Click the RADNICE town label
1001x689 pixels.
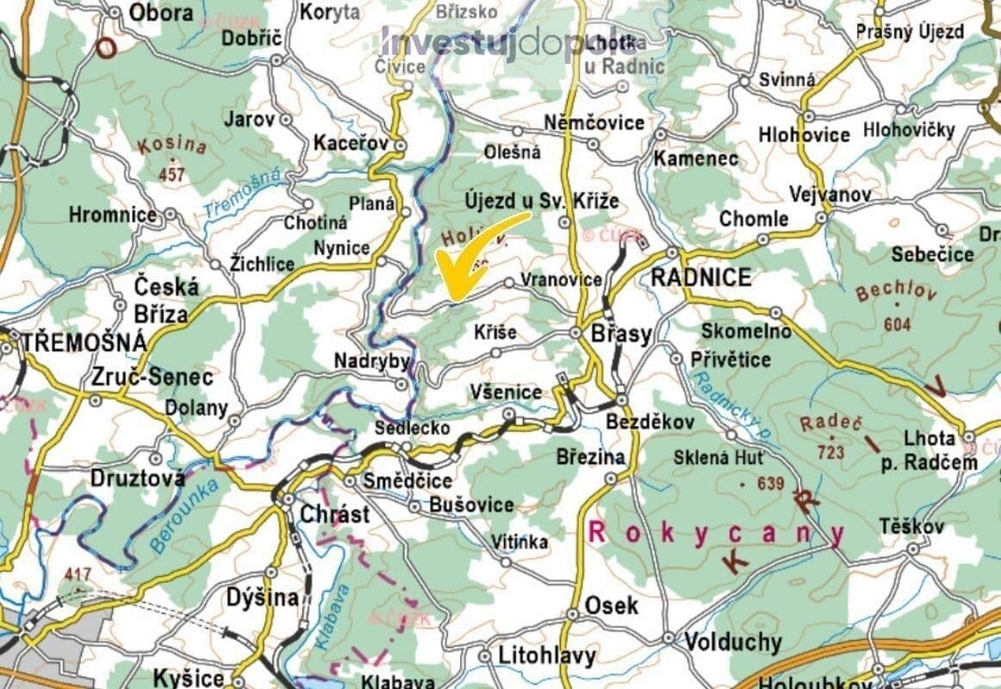pos(701,277)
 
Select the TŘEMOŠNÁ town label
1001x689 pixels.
pos(84,342)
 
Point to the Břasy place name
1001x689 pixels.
pos(620,334)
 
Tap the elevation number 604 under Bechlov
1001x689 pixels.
pos(896,324)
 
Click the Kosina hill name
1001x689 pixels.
pos(171,146)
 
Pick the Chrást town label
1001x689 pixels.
pos(334,514)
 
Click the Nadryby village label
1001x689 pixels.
pos(372,362)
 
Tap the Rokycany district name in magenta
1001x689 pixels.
pos(715,532)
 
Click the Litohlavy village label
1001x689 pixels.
pos(546,655)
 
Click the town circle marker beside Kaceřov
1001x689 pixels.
pos(400,146)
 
